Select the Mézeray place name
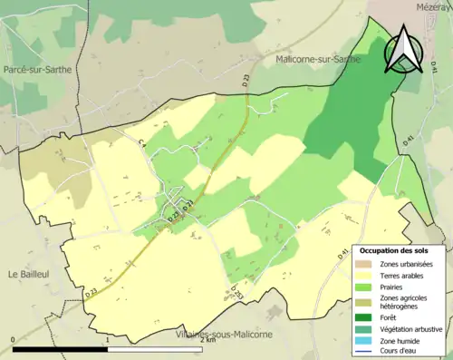(x=434, y=6)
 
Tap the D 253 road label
(x=234, y=292)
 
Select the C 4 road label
(x=142, y=143)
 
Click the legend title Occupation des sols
(x=400, y=250)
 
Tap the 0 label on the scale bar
(x=13, y=340)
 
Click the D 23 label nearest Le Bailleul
(x=92, y=292)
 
